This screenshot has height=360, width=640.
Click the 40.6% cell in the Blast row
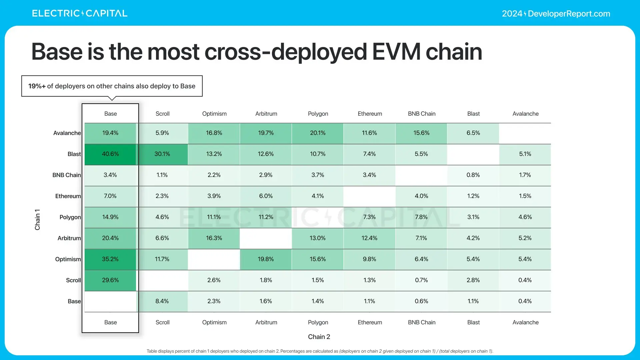click(x=110, y=154)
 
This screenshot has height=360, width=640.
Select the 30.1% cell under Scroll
click(x=162, y=154)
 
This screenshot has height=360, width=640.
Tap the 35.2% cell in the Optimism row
click(x=110, y=259)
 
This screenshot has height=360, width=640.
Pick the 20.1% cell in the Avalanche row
click(x=318, y=133)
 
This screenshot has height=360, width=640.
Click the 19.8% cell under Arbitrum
click(x=266, y=259)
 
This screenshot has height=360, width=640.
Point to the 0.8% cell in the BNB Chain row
click(x=473, y=175)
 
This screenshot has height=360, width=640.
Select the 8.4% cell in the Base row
click(x=162, y=301)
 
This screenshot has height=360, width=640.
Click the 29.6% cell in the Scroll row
click(x=110, y=280)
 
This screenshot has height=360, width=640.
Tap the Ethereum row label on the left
click(x=68, y=196)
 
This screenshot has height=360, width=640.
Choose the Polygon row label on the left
click(x=70, y=217)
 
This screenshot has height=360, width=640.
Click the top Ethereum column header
click(x=370, y=114)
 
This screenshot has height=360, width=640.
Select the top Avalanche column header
click(x=525, y=114)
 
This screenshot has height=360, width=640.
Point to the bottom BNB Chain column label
click(x=422, y=322)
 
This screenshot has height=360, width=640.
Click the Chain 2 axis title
click(x=319, y=337)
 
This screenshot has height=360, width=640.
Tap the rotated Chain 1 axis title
click(x=37, y=220)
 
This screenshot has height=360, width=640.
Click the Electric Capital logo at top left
click(x=80, y=13)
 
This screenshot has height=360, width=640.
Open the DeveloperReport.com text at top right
click(x=569, y=14)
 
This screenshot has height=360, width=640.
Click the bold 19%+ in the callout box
click(x=37, y=86)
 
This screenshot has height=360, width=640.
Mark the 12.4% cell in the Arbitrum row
click(x=369, y=238)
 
